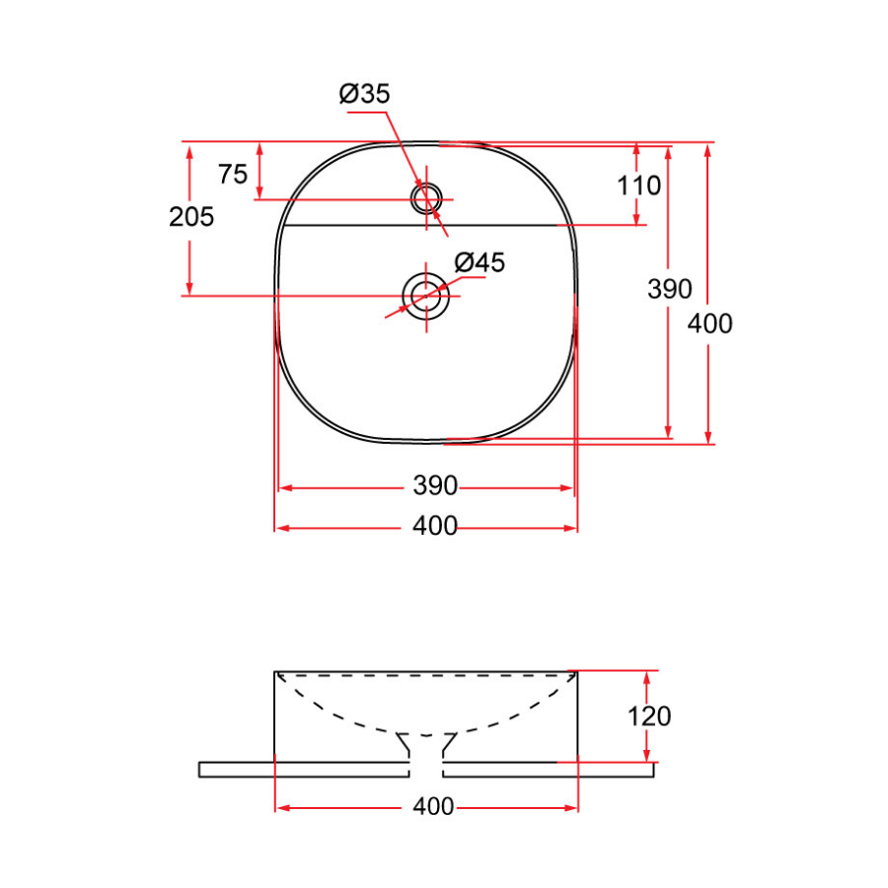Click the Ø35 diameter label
click(364, 94)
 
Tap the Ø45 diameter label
click(480, 262)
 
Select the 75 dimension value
click(233, 174)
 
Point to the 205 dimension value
click(191, 217)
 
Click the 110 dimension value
click(638, 185)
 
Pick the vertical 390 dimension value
click(669, 289)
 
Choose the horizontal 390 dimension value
click(435, 485)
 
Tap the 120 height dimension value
click(649, 716)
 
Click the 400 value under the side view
click(433, 806)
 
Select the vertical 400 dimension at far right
click(709, 324)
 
